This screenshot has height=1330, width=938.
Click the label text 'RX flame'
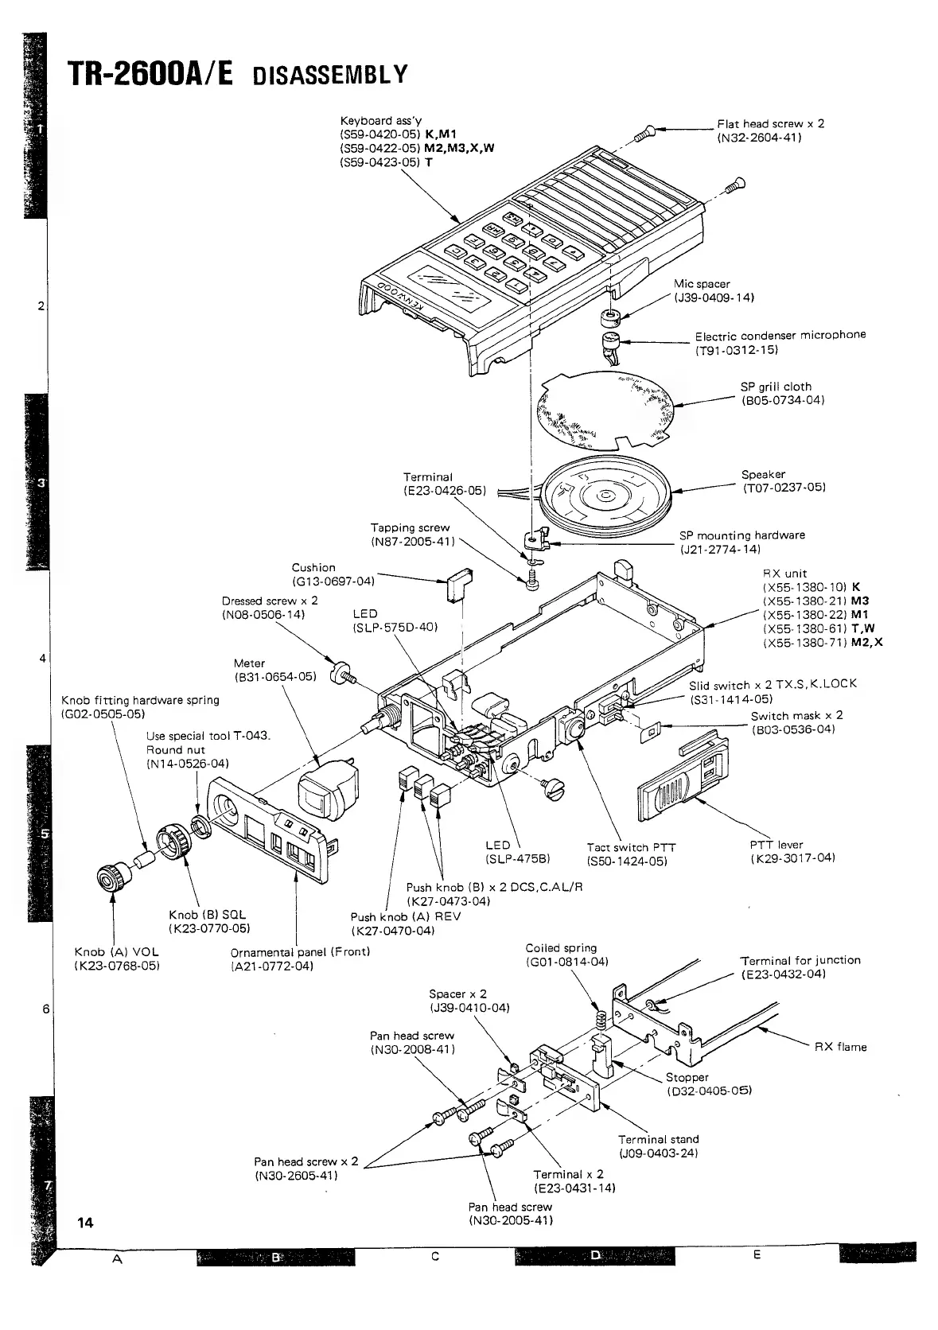pyautogui.click(x=840, y=1047)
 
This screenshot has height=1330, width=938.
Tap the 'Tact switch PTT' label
pyautogui.click(x=631, y=847)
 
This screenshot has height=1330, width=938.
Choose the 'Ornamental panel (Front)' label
pyautogui.click(x=300, y=951)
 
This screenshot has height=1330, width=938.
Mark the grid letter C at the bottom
pyautogui.click(x=434, y=1256)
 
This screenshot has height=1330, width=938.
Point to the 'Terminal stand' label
pyautogui.click(x=658, y=1139)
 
